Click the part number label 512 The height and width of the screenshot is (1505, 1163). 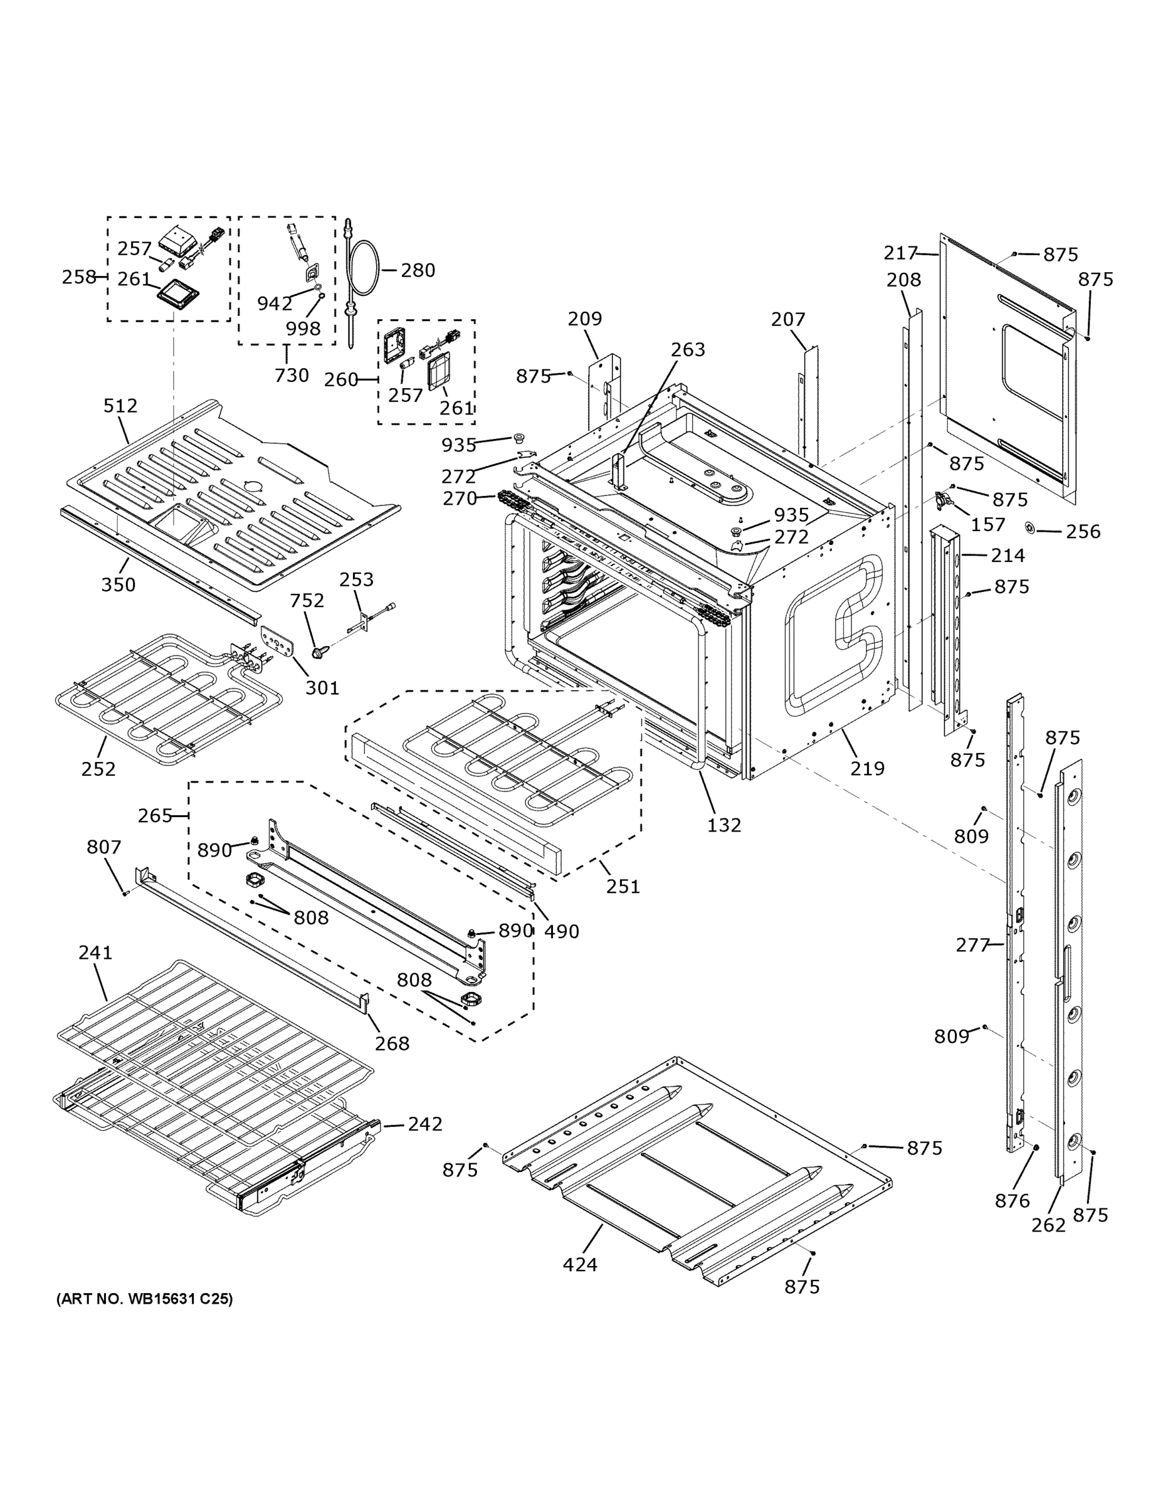click(x=120, y=406)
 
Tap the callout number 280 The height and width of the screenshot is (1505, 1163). click(x=418, y=270)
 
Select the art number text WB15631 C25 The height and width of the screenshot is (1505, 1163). click(x=145, y=1299)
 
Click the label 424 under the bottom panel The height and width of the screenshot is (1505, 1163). click(x=579, y=1264)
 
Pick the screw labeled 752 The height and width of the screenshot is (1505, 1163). click(x=318, y=650)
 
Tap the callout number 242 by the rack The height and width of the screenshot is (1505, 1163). click(x=424, y=1124)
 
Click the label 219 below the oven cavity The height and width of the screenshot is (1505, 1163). click(x=866, y=768)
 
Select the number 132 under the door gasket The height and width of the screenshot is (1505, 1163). click(x=724, y=825)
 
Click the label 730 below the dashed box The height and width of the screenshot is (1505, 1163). click(x=292, y=376)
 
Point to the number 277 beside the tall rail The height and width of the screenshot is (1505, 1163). click(x=972, y=945)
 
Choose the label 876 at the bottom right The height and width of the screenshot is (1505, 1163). click(x=1012, y=1201)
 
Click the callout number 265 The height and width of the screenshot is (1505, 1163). click(x=154, y=816)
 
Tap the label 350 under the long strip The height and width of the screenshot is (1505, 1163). click(x=118, y=584)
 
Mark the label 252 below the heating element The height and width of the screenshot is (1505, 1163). click(x=98, y=768)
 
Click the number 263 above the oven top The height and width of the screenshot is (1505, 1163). click(x=688, y=350)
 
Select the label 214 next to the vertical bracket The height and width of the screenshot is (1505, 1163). click(x=1008, y=555)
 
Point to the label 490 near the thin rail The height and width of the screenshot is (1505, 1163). click(x=561, y=931)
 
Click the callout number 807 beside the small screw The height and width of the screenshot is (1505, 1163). click(x=104, y=847)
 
